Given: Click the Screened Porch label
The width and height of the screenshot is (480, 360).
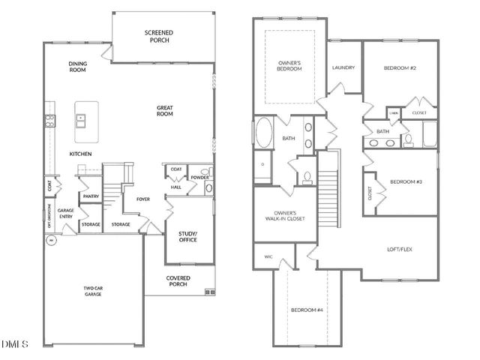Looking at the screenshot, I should [x=158, y=36].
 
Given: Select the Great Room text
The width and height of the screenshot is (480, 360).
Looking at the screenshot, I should [x=165, y=111].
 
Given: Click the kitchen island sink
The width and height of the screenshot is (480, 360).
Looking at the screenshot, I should [x=81, y=118].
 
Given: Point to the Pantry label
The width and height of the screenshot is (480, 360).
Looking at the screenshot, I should [x=91, y=196].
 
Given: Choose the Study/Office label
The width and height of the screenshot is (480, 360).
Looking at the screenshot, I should [x=187, y=238].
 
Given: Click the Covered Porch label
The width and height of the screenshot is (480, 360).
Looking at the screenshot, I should [x=178, y=281].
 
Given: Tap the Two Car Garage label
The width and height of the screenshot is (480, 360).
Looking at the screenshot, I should [x=92, y=291].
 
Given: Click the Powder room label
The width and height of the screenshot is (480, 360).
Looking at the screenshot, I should [x=199, y=178].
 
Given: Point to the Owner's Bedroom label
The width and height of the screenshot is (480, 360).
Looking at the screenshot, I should [x=289, y=65].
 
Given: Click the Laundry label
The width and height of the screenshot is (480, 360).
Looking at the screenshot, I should [x=343, y=67].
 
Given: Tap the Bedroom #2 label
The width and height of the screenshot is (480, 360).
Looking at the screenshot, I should [x=400, y=68].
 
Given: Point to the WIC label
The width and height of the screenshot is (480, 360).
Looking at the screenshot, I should [x=268, y=257].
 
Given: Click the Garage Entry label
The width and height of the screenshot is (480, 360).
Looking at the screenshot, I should [x=66, y=214].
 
